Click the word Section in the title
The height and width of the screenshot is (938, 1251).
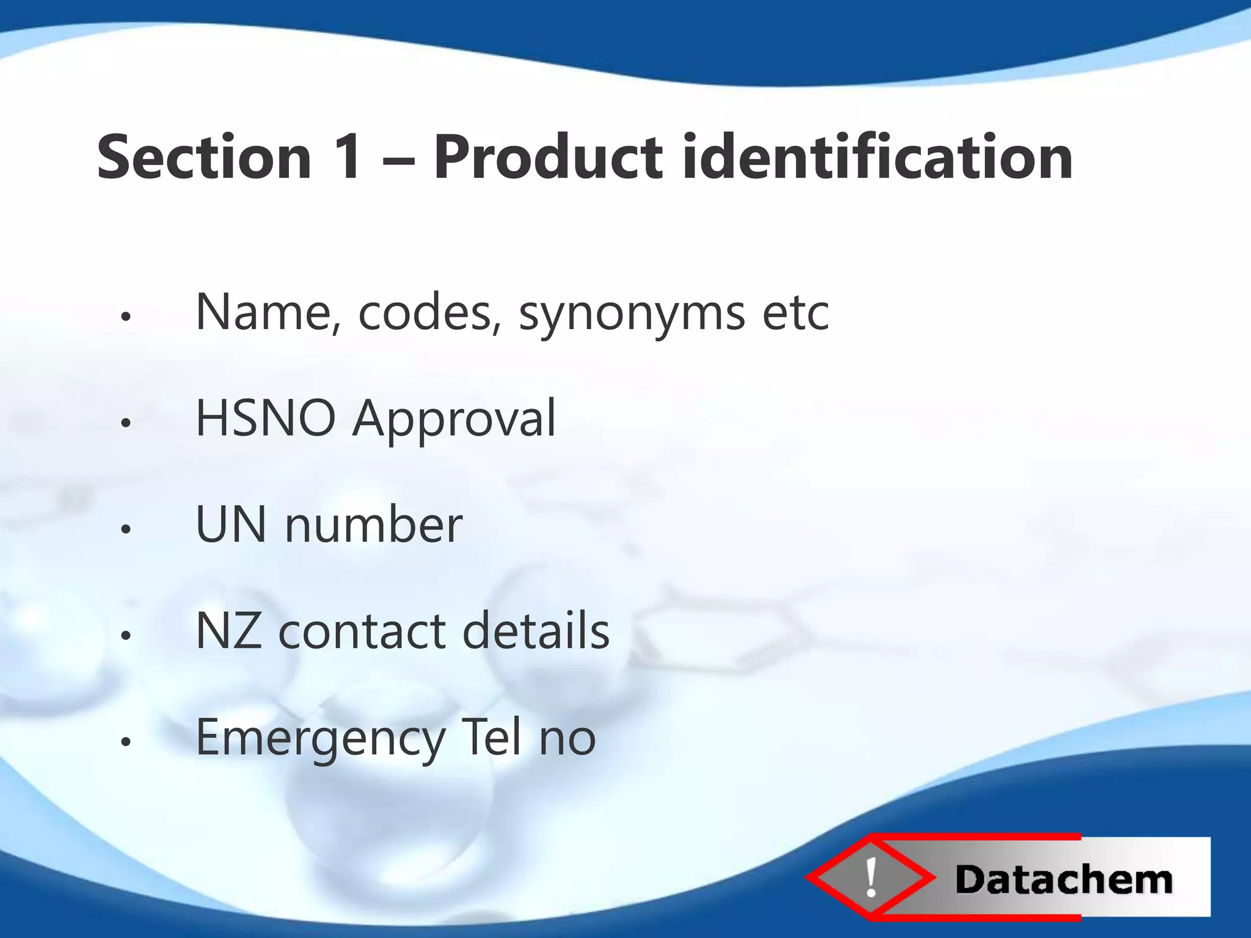pyautogui.click(x=204, y=158)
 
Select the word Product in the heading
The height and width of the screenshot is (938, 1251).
pyautogui.click(x=547, y=158)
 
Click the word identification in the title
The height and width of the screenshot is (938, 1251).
pyautogui.click(x=877, y=158)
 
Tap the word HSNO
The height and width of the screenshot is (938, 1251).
pyautogui.click(x=265, y=419)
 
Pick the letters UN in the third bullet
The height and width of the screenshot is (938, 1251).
pyautogui.click(x=231, y=525)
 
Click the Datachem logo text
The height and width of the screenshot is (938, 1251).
pyautogui.click(x=1063, y=880)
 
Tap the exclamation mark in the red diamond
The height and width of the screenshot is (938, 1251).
pyautogui.click(x=871, y=877)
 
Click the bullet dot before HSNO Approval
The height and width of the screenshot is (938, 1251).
pyautogui.click(x=126, y=423)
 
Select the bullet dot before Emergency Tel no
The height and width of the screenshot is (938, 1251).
pyautogui.click(x=126, y=742)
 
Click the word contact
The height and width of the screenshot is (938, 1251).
pyautogui.click(x=362, y=631)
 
